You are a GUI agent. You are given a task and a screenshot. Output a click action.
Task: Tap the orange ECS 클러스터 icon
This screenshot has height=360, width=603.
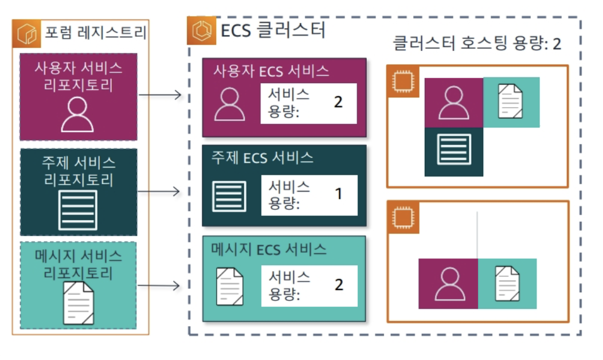pyautogui.click(x=201, y=30)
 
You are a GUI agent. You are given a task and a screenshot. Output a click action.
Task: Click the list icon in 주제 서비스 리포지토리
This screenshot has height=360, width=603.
pyautogui.click(x=78, y=209)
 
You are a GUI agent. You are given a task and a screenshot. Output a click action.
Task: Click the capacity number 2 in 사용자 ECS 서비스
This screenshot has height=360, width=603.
pyautogui.click(x=338, y=101)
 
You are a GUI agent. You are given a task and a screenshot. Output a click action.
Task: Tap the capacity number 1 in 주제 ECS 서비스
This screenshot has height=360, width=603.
pyautogui.click(x=338, y=194)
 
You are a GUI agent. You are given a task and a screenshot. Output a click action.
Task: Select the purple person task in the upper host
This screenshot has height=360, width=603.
pyautogui.click(x=453, y=102)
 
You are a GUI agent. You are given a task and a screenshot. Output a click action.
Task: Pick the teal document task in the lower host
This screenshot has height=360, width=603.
pyautogui.click(x=507, y=284)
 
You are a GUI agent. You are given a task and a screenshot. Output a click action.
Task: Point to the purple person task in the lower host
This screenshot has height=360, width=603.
pyautogui.click(x=448, y=284)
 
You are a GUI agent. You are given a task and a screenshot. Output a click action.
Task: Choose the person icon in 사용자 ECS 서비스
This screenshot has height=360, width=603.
pyautogui.click(x=229, y=104)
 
